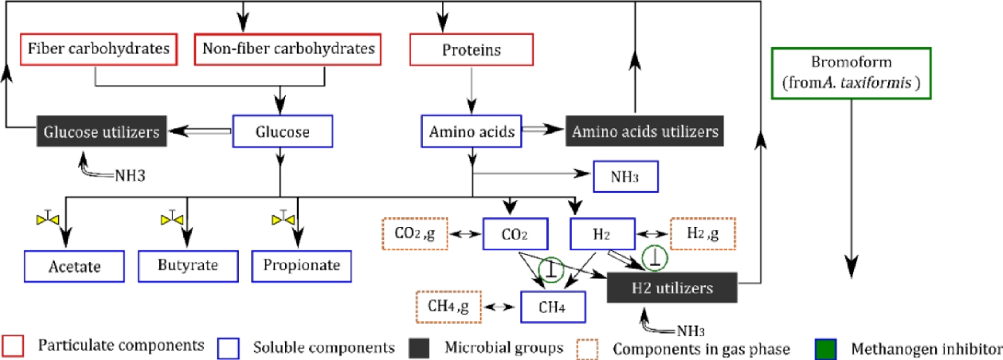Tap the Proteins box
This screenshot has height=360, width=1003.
click(x=471, y=50)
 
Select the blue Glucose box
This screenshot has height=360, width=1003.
click(x=283, y=132)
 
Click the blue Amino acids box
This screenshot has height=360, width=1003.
click(x=471, y=132)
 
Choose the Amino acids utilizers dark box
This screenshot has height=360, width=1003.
click(x=644, y=132)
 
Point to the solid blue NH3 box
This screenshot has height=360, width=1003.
click(x=625, y=177)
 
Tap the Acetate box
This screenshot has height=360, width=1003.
click(x=74, y=267)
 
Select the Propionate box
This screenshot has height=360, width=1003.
click(x=302, y=267)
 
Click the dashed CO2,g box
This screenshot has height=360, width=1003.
click(x=413, y=233)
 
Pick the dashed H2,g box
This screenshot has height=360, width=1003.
click(x=703, y=233)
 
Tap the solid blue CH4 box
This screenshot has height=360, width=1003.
click(x=552, y=306)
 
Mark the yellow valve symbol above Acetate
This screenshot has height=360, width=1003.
click(x=51, y=219)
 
